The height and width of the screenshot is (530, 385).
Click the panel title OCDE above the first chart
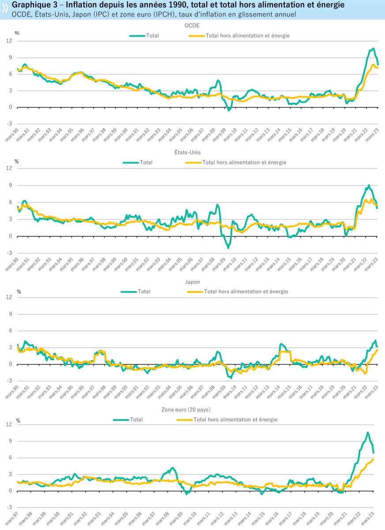click(x=192, y=26)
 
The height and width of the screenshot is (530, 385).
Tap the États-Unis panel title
click(x=192, y=153)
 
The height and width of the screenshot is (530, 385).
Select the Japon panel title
click(x=192, y=281)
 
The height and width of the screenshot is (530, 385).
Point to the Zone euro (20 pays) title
click(x=192, y=409)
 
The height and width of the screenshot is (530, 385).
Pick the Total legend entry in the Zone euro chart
click(x=136, y=420)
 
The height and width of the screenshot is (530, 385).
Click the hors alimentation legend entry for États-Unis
click(x=244, y=163)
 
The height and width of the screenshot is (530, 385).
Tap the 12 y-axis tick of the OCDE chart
click(x=8, y=41)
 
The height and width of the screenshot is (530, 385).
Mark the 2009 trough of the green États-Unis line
click(x=228, y=248)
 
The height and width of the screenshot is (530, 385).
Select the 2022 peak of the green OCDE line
click(x=373, y=49)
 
